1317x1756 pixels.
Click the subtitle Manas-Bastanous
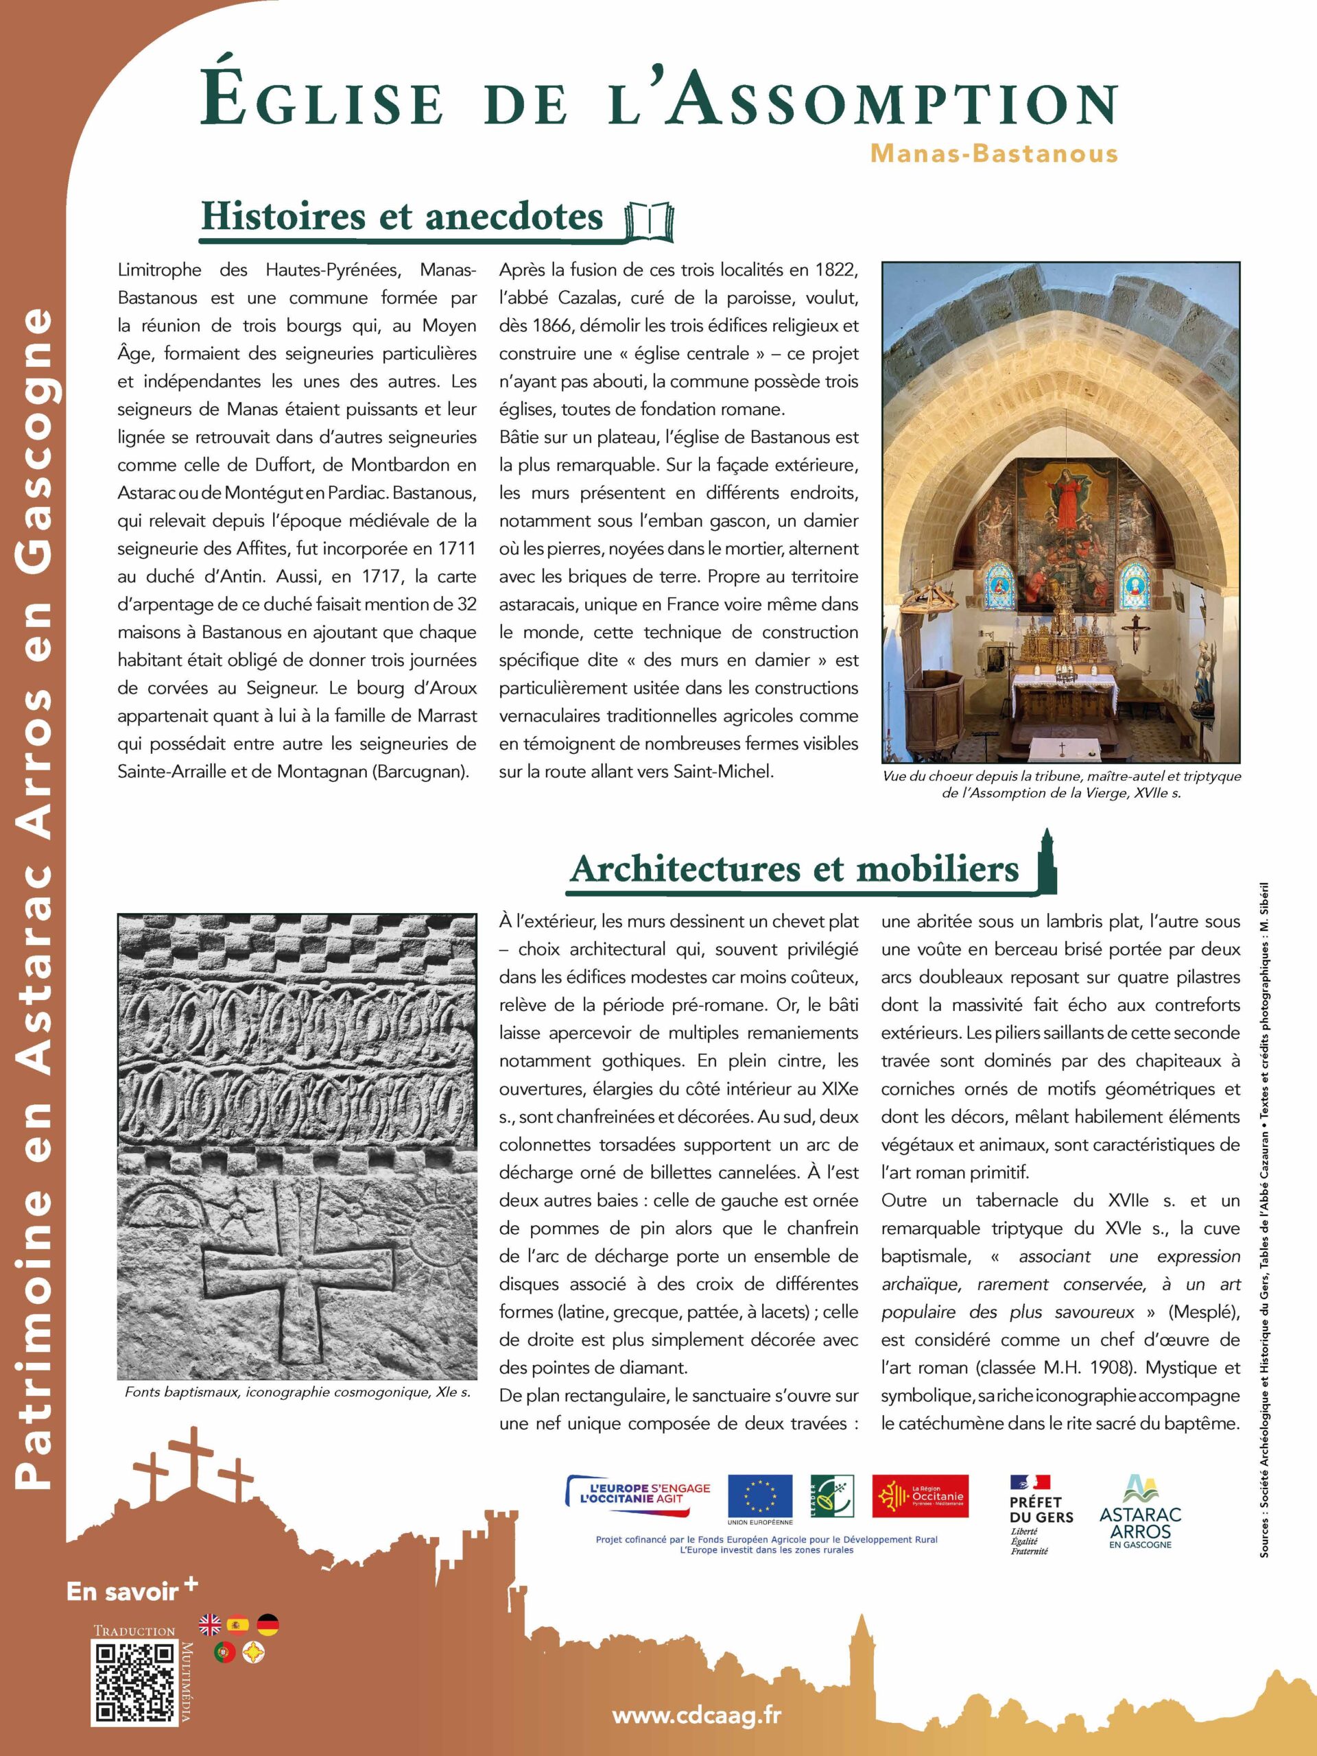coord(994,153)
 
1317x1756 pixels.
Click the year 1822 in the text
coord(837,270)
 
